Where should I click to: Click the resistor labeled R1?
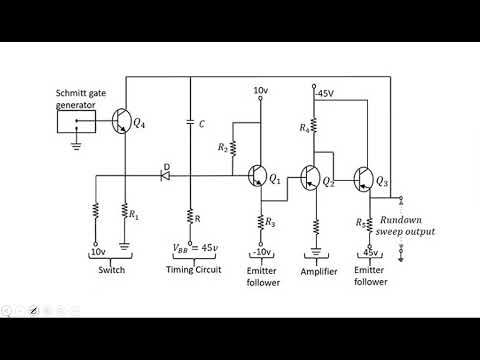point(125,212)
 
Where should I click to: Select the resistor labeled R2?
point(232,148)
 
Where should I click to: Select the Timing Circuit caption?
point(191,271)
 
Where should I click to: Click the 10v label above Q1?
point(262,90)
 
